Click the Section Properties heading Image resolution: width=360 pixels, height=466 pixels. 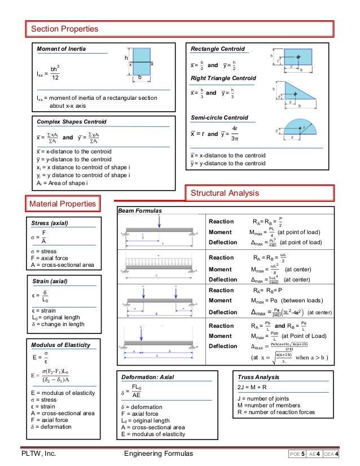pos(64,29)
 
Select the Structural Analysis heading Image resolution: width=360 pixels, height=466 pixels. pos(224,194)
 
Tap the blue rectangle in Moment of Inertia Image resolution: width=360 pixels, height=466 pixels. pos(141,65)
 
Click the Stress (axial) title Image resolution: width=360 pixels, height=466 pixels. pos(51,223)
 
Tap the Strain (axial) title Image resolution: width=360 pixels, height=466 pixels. pos(51,280)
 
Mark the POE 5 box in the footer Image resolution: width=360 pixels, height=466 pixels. pos(298,454)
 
